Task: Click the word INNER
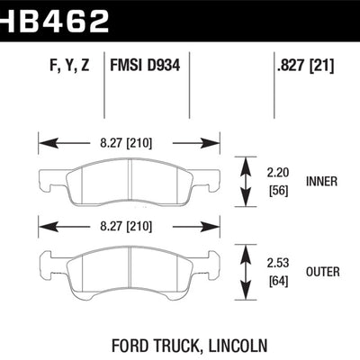[x=321, y=181]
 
